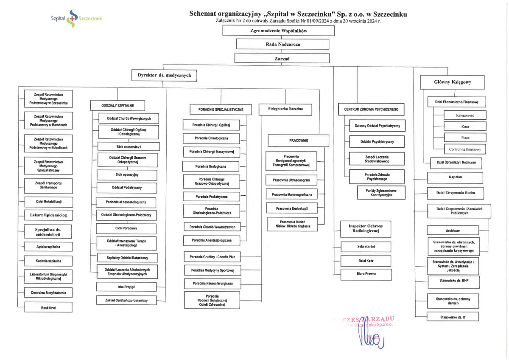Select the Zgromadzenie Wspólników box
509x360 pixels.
[285, 31]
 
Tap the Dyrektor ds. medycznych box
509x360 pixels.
[164, 76]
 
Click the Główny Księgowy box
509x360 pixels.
[453, 82]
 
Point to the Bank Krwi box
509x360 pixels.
[48, 307]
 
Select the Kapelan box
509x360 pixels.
[455, 177]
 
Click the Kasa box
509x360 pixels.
[465, 126]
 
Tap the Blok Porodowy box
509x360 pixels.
[126, 228]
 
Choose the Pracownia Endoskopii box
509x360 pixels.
[292, 208]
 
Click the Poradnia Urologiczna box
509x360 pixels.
[211, 166]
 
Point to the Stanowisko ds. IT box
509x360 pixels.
[453, 317]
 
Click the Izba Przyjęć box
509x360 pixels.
[126, 287]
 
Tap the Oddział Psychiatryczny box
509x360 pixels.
[377, 141]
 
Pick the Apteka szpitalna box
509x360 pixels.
[48, 247]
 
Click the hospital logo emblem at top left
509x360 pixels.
[72, 19]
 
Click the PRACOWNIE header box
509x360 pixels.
[299, 140]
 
